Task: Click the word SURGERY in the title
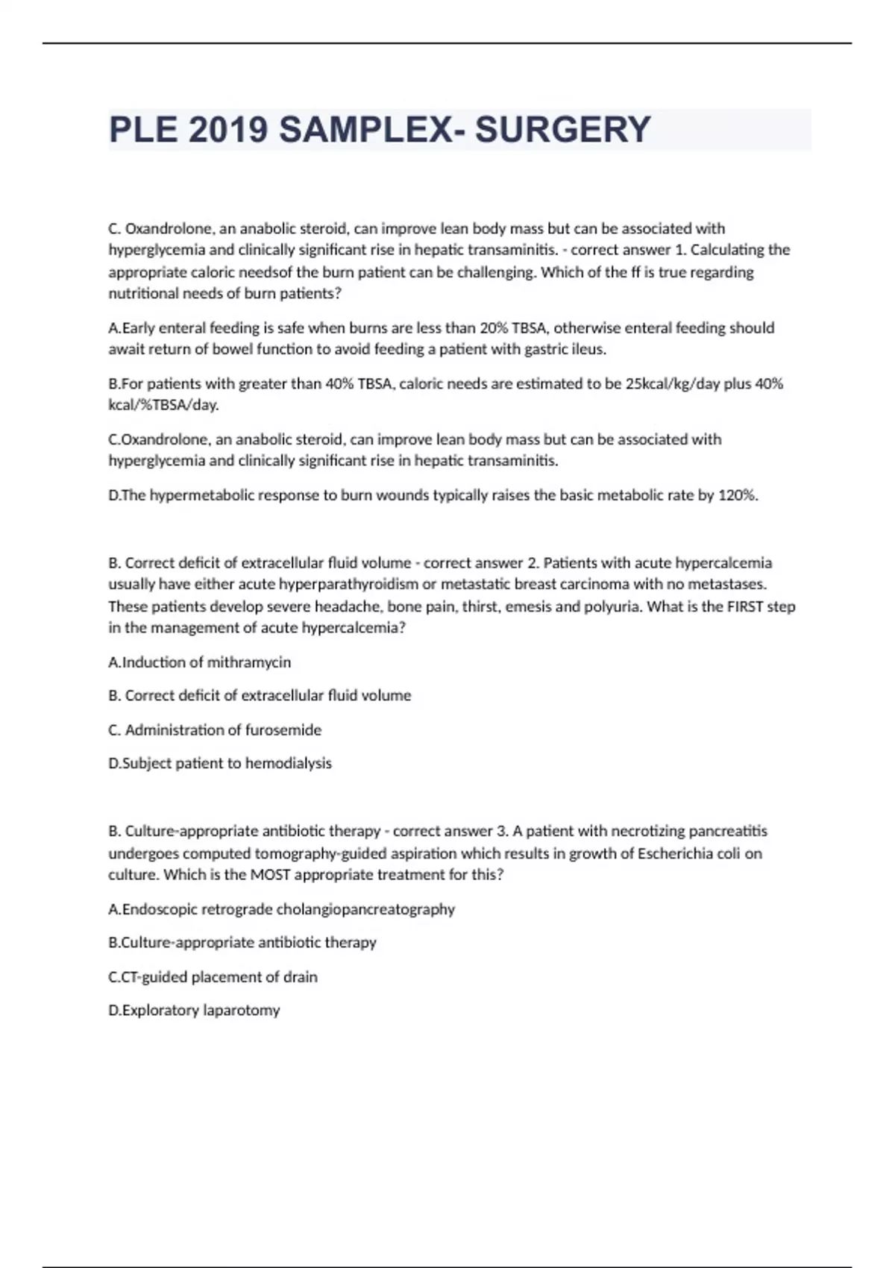point(563,130)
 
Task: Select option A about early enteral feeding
point(441,338)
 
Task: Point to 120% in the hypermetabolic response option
point(737,495)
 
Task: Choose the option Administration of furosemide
point(215,730)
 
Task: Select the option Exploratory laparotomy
point(194,1011)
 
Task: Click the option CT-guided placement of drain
point(213,977)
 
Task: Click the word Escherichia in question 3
point(675,853)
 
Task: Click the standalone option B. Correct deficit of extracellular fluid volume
point(260,696)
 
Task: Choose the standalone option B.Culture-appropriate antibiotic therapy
point(242,943)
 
